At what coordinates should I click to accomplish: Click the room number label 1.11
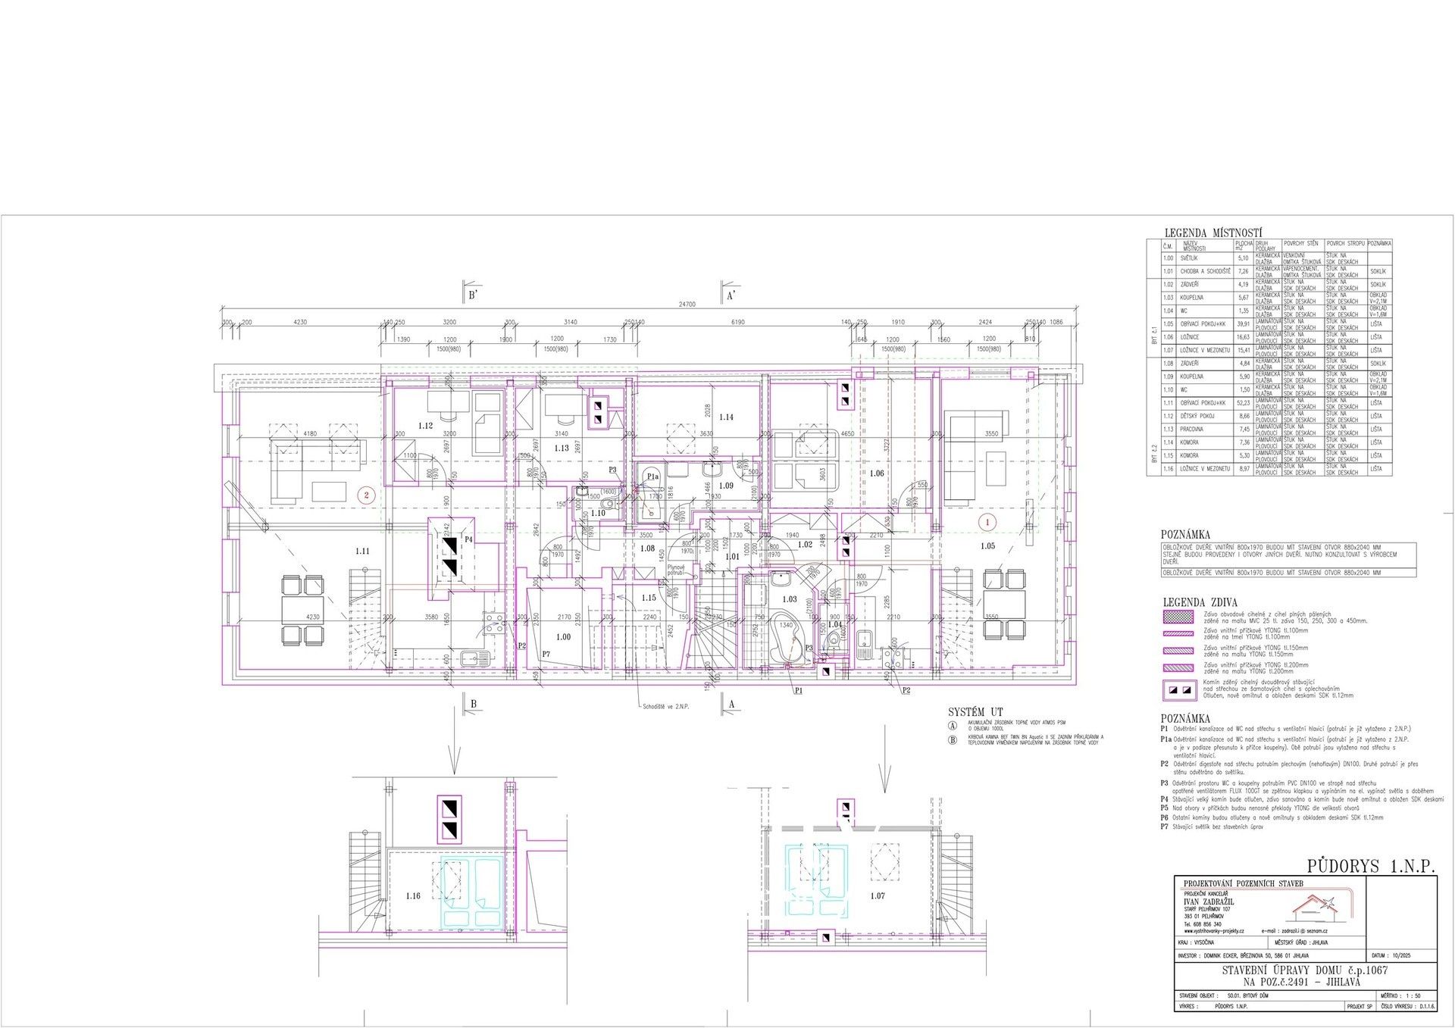[362, 551]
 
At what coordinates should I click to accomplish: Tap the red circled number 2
[368, 495]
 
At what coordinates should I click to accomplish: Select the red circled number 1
[987, 521]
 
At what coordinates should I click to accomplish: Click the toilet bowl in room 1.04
[834, 641]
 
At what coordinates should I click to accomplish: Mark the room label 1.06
[877, 473]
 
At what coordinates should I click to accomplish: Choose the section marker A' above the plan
[731, 296]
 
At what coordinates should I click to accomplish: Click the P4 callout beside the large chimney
[469, 539]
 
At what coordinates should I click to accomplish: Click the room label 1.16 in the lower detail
[412, 896]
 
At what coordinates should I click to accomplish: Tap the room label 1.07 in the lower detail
[878, 896]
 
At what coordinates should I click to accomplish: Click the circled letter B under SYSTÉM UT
[953, 740]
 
